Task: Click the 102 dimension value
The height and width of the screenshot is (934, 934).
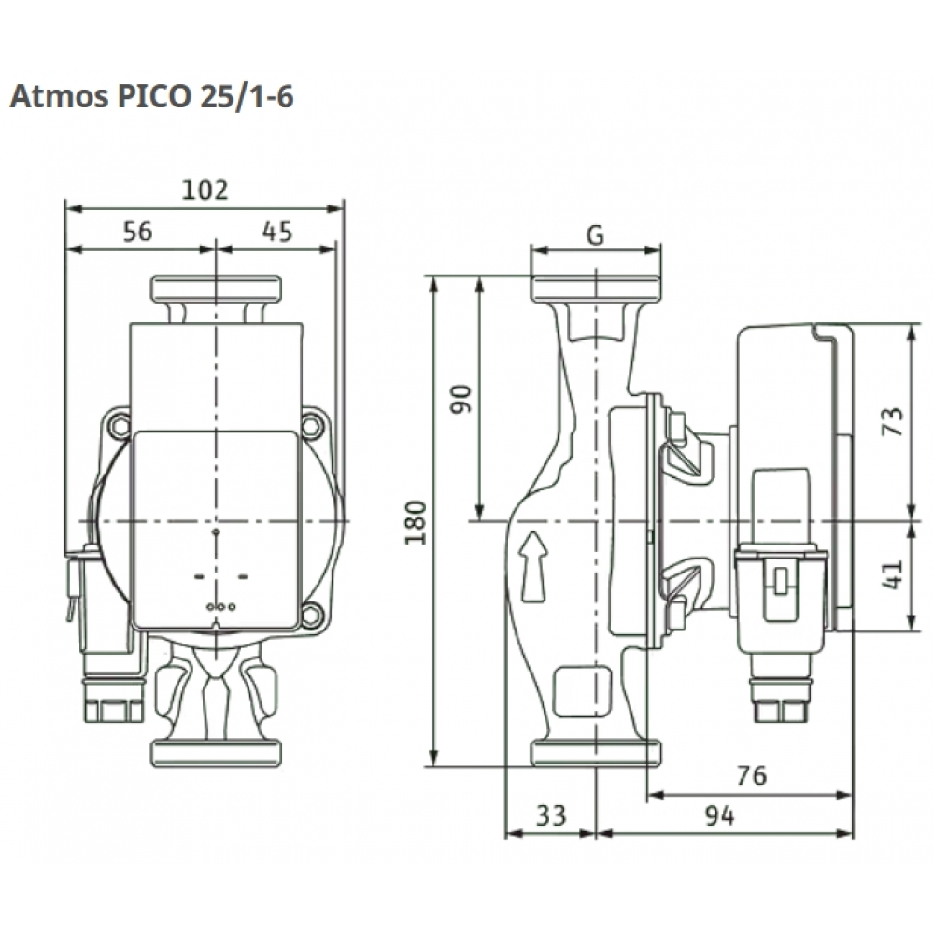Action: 205,190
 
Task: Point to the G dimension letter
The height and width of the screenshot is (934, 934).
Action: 595,235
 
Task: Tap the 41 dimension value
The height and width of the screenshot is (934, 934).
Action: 894,574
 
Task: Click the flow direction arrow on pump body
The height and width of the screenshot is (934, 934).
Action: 532,566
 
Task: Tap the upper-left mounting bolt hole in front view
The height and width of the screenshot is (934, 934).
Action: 119,428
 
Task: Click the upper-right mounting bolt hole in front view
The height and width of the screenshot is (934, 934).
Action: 312,428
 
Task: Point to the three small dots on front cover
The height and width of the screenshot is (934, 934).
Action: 216,607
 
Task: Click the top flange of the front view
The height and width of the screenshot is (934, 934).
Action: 216,288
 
